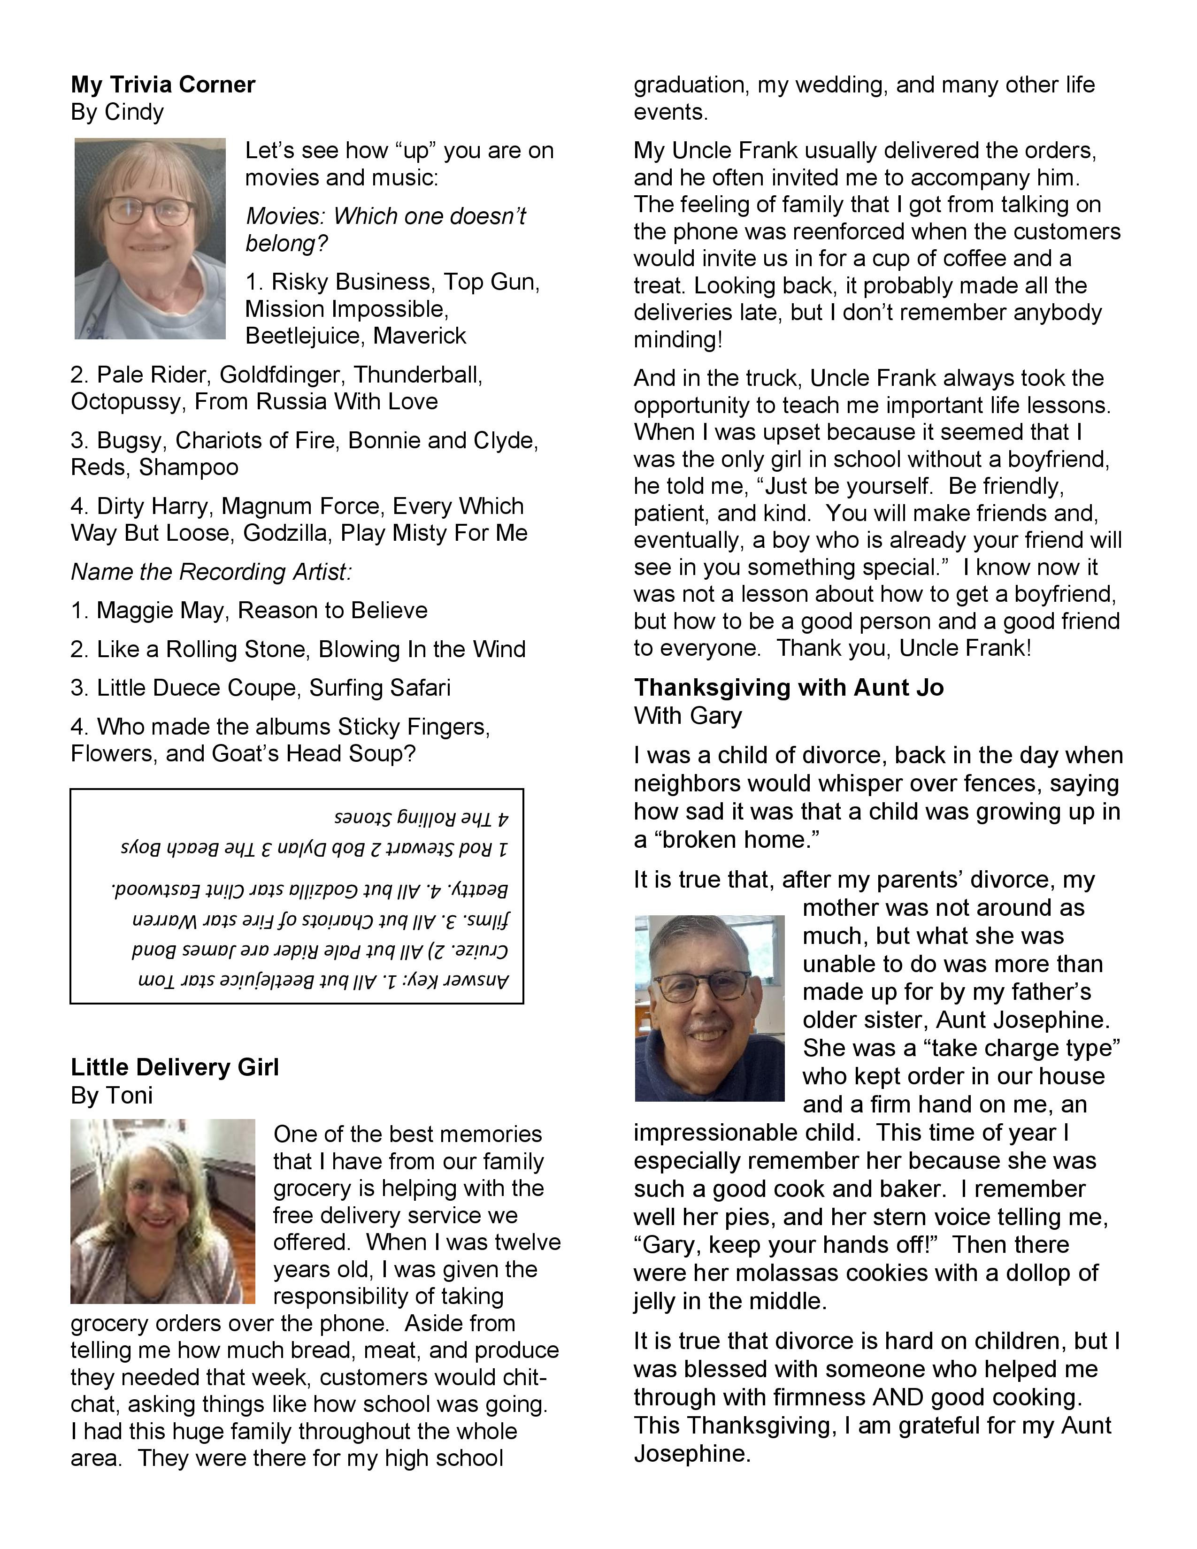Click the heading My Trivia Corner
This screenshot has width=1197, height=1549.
pos(162,84)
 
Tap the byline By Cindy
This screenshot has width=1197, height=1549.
pos(117,112)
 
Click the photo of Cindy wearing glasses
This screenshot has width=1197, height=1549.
pos(150,238)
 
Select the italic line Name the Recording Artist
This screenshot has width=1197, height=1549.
pos(211,572)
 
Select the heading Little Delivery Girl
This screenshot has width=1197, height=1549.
pos(175,1067)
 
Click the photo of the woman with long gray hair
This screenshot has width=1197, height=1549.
pos(162,1212)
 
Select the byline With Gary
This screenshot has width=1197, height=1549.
pos(687,716)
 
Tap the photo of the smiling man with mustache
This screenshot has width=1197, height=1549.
pos(709,1009)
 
